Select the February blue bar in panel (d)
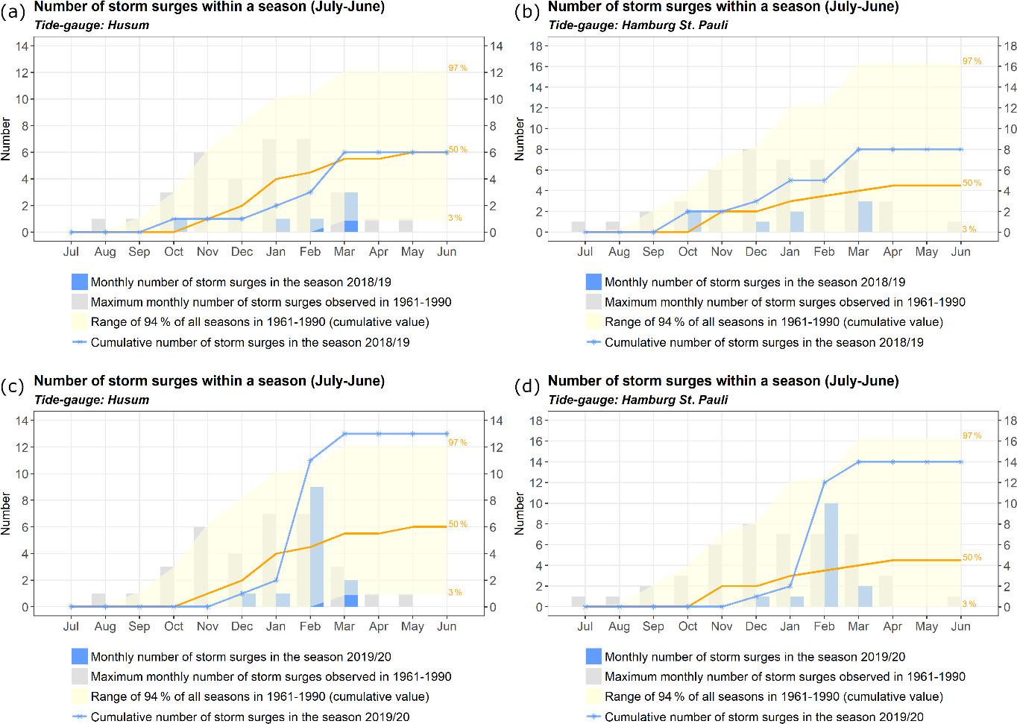[831, 555]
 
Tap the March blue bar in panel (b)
[865, 217]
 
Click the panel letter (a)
[13, 11]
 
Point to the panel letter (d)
[527, 386]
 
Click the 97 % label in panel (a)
[458, 68]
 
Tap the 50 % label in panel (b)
[972, 183]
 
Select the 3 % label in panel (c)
[455, 592]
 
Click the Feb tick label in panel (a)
[310, 252]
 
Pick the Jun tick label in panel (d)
[960, 626]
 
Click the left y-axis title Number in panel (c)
[6, 513]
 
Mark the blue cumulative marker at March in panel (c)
[344, 434]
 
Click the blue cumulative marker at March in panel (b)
[859, 149]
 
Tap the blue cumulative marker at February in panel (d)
[825, 482]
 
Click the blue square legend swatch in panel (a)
[80, 282]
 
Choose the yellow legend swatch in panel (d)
[593, 696]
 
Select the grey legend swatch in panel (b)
[593, 302]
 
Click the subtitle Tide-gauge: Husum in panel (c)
[92, 400]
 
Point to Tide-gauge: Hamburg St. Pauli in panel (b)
[637, 25]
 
